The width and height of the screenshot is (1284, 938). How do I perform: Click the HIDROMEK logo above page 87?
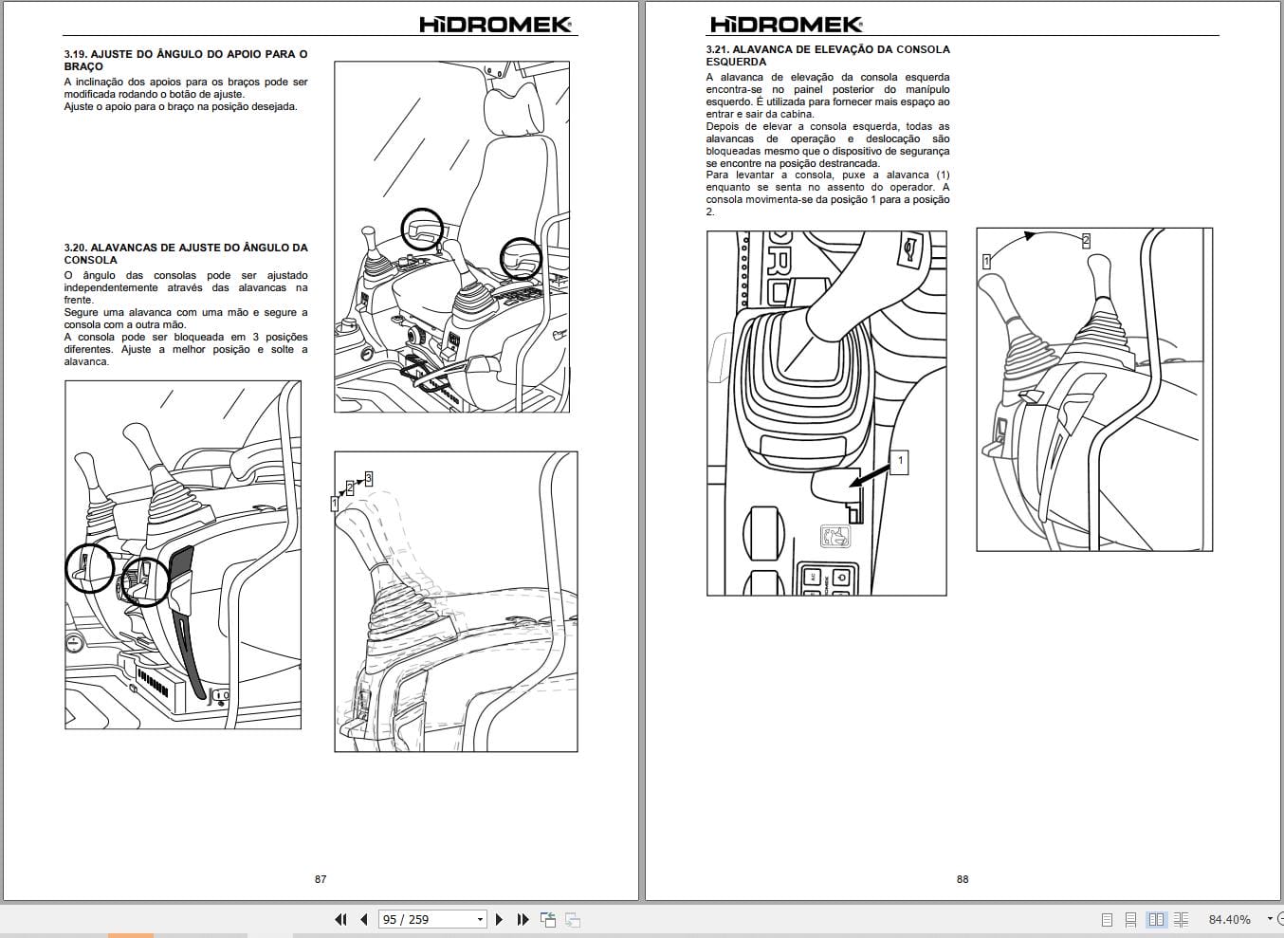[495, 25]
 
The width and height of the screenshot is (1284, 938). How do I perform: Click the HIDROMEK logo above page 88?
[786, 25]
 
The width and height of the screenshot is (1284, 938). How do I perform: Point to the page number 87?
[321, 879]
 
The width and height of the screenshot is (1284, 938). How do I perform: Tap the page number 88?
[963, 879]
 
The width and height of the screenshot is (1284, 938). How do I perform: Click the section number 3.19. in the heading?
[75, 55]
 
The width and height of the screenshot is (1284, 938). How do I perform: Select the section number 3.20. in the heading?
[75, 248]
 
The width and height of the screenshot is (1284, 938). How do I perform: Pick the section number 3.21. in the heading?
[717, 49]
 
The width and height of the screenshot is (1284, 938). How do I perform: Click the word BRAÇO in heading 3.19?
[83, 67]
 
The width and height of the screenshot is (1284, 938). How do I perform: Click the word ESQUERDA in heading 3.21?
[736, 62]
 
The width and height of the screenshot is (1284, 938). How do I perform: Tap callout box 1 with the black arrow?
[900, 462]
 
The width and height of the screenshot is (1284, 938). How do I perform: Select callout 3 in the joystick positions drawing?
[368, 479]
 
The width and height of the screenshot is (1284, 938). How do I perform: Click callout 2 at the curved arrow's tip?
[1086, 241]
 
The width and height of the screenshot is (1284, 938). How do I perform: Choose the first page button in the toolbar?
[340, 919]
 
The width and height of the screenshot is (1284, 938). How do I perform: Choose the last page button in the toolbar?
[523, 919]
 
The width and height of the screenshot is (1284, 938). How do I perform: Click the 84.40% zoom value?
[1229, 919]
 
